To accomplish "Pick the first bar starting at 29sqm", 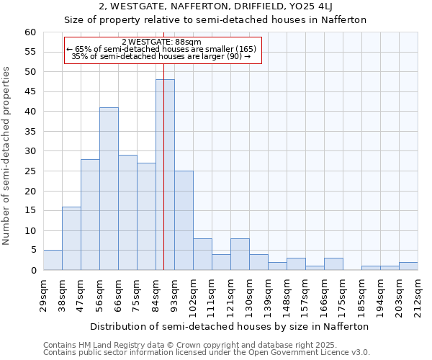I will [x=53, y=260].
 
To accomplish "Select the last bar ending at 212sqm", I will [x=408, y=266].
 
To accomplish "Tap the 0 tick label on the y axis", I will [x=33, y=271].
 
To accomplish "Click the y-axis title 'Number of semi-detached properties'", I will [x=6, y=156].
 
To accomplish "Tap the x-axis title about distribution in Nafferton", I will [x=230, y=326].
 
